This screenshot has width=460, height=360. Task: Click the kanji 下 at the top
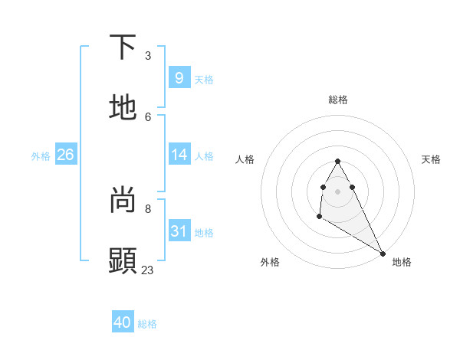123,47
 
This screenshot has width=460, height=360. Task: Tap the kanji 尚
123,200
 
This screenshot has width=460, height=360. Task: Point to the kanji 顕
123,260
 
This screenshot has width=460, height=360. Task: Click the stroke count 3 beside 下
148,56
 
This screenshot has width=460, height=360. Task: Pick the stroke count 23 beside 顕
148,270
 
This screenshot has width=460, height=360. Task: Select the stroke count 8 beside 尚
148,208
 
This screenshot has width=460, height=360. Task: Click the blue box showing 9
179,77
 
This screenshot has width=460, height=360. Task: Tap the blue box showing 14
179,155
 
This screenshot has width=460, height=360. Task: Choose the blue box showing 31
179,231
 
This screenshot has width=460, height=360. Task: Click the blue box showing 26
65,155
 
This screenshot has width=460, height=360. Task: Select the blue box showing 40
123,322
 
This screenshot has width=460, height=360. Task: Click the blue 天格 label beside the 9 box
204,79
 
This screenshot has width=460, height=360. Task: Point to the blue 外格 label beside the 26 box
41,155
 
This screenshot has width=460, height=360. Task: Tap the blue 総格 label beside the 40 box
147,324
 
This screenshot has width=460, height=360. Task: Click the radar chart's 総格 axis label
338,100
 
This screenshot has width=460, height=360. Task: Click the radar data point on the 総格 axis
338,161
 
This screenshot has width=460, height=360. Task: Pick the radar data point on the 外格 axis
319,217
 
